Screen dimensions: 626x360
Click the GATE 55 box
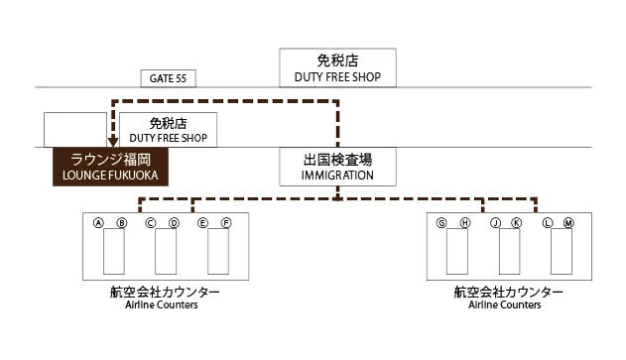point(168,78)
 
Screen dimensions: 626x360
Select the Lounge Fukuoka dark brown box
point(110,167)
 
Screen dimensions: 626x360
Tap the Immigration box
point(337,167)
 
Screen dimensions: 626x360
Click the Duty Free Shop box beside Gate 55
point(337,67)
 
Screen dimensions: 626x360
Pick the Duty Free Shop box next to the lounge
point(168,130)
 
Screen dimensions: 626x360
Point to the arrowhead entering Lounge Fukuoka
point(113,142)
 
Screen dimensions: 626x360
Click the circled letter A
point(98,223)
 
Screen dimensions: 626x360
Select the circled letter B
point(122,223)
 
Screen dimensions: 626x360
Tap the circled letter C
point(151,223)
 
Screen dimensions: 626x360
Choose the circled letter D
point(174,223)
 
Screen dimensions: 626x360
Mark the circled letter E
point(202,223)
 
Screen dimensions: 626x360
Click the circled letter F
point(226,223)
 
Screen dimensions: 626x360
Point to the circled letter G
point(441,223)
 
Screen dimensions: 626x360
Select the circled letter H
point(465,223)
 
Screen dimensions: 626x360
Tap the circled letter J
point(495,223)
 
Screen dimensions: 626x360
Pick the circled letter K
point(517,223)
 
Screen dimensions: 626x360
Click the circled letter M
point(568,223)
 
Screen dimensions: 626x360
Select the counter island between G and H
point(457,251)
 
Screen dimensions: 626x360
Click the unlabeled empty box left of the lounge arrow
point(75,130)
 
